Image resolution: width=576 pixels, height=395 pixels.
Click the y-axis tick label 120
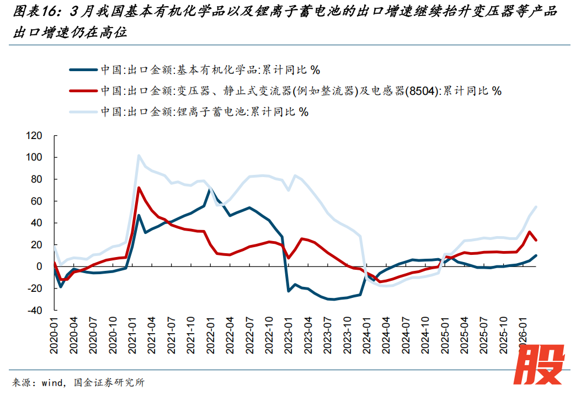click(34, 136)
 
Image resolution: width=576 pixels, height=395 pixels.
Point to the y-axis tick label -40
click(34, 310)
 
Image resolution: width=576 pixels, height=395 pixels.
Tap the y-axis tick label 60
click(36, 201)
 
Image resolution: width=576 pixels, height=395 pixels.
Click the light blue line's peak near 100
click(138, 156)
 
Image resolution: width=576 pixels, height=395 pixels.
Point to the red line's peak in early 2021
click(138, 188)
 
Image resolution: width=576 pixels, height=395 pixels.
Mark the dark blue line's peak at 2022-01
click(210, 189)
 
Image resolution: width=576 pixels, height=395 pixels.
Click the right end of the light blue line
click(536, 206)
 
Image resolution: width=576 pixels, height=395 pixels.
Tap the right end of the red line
click(536, 240)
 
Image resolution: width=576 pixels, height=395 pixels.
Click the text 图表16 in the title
click(31, 12)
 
